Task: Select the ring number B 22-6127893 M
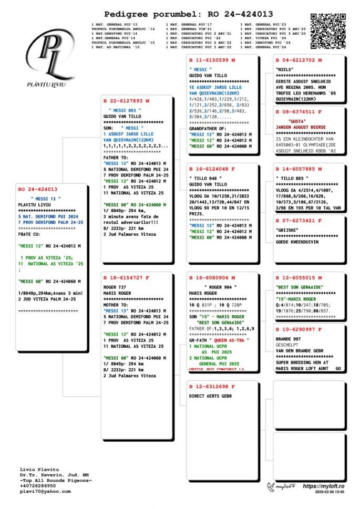coord(126,100)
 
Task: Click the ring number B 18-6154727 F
coord(126,277)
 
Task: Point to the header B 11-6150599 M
coord(212,60)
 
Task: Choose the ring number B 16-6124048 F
coord(212,169)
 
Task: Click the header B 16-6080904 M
coord(212,277)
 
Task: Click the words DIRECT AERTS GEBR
coord(210,396)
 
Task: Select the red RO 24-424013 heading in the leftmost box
coord(38,189)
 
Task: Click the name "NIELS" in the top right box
coord(285,69)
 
